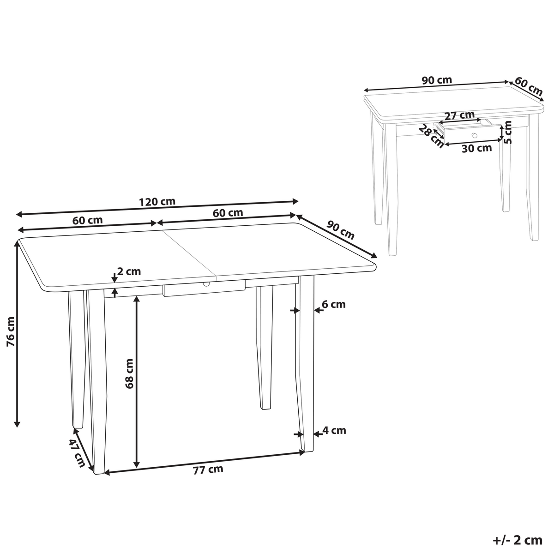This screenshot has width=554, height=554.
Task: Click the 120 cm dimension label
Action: point(157,202)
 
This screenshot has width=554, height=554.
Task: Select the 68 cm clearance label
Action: point(129,373)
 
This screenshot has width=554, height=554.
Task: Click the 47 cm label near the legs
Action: point(77,452)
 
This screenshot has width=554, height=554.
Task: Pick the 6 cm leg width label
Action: point(333,304)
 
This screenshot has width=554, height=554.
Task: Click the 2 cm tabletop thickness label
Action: point(129,271)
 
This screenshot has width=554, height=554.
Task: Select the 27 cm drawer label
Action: point(459,115)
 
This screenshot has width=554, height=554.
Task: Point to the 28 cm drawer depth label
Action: point(430,136)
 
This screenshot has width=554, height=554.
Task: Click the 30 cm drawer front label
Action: point(476,148)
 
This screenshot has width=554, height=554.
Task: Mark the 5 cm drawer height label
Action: point(508,132)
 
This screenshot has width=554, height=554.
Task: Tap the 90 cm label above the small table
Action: point(437,80)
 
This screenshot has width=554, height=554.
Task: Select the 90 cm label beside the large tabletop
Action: point(340,230)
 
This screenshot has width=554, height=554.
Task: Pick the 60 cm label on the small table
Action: point(529,86)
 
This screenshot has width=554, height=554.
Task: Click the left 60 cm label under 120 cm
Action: point(87,220)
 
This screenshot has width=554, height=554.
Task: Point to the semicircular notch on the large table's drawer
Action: point(206,284)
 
